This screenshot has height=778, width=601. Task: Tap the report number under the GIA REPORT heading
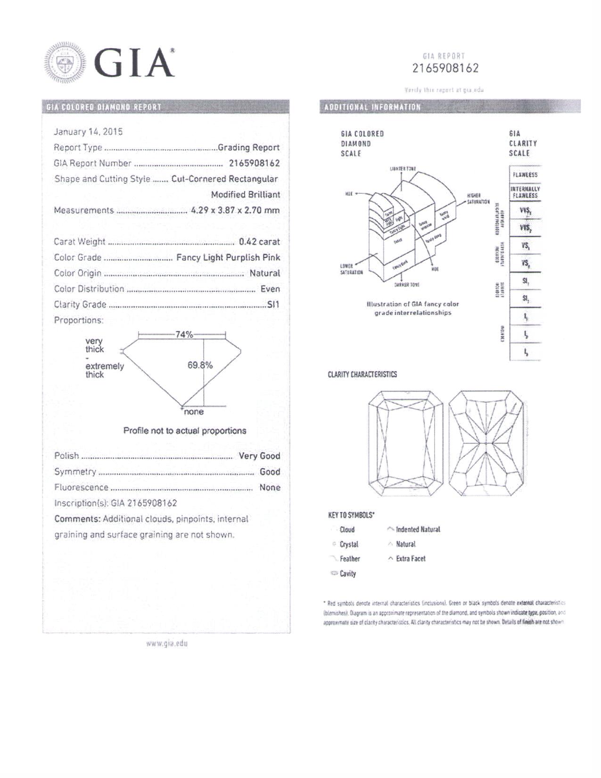click(x=445, y=68)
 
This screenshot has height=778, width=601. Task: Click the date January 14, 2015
click(x=88, y=132)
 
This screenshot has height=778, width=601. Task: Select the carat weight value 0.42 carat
click(x=259, y=242)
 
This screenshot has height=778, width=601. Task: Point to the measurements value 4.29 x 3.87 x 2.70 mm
click(x=235, y=210)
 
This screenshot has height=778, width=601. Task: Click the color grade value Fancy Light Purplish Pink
click(x=228, y=257)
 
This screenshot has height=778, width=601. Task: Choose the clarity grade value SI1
click(x=273, y=305)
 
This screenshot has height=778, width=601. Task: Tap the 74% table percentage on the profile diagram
click(x=184, y=334)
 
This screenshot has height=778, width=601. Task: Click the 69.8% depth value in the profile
click(x=200, y=365)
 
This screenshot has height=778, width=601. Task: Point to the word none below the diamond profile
click(x=194, y=412)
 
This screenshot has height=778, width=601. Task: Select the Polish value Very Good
click(x=259, y=456)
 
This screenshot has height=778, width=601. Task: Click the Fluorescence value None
click(x=270, y=488)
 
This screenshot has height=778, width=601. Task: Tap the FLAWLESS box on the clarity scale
click(x=525, y=174)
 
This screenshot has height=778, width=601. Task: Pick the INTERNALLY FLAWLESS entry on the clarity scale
click(x=525, y=192)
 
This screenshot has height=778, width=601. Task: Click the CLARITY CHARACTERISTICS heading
click(x=362, y=374)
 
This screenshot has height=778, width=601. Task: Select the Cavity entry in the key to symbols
click(x=347, y=574)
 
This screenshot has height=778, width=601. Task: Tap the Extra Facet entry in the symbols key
click(x=411, y=559)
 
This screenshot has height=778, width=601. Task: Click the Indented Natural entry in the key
click(x=418, y=530)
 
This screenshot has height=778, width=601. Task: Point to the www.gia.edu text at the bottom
click(x=167, y=644)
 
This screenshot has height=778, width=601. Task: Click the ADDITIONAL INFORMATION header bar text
click(x=372, y=107)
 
